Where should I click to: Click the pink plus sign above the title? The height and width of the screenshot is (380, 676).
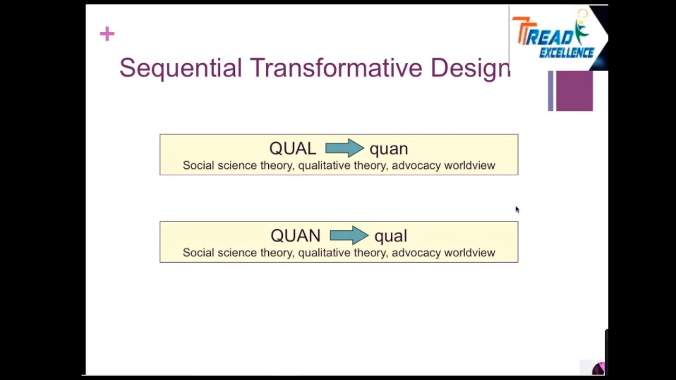coord(107,34)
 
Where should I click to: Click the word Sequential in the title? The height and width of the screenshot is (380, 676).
coord(180,68)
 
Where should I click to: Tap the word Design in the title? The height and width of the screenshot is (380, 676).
coord(470,68)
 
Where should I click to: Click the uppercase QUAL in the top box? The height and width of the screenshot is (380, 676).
coord(293,148)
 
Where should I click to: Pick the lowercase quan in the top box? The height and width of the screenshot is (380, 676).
coord(389,149)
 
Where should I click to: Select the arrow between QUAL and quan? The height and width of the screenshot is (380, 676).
coord(344,148)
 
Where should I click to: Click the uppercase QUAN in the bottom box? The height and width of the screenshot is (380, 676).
coord(295,235)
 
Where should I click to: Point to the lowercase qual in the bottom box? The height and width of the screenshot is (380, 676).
coord(391,236)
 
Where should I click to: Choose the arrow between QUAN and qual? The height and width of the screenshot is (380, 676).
coord(349,235)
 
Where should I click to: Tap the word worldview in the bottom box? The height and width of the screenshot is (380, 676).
coord(470,253)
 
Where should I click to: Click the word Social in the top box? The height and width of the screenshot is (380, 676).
coord(198,166)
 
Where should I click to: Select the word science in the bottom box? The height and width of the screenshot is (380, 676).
coord(236,253)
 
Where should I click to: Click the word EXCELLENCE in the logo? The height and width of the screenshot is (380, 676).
coord(567,53)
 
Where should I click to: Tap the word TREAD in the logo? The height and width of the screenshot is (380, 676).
coord(544,36)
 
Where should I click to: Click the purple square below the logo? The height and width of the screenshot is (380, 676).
coord(574,91)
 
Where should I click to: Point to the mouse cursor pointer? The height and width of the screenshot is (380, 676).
coord(517,210)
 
